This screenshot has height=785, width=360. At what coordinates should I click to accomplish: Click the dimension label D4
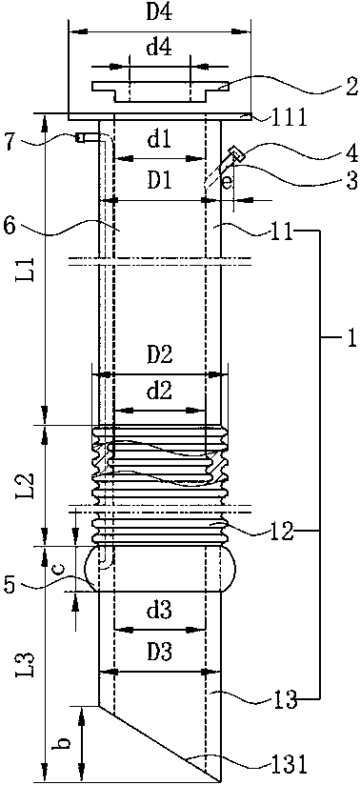[159, 13]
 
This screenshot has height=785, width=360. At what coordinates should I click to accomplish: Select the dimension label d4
[159, 50]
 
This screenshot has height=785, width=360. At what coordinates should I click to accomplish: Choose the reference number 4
[351, 152]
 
